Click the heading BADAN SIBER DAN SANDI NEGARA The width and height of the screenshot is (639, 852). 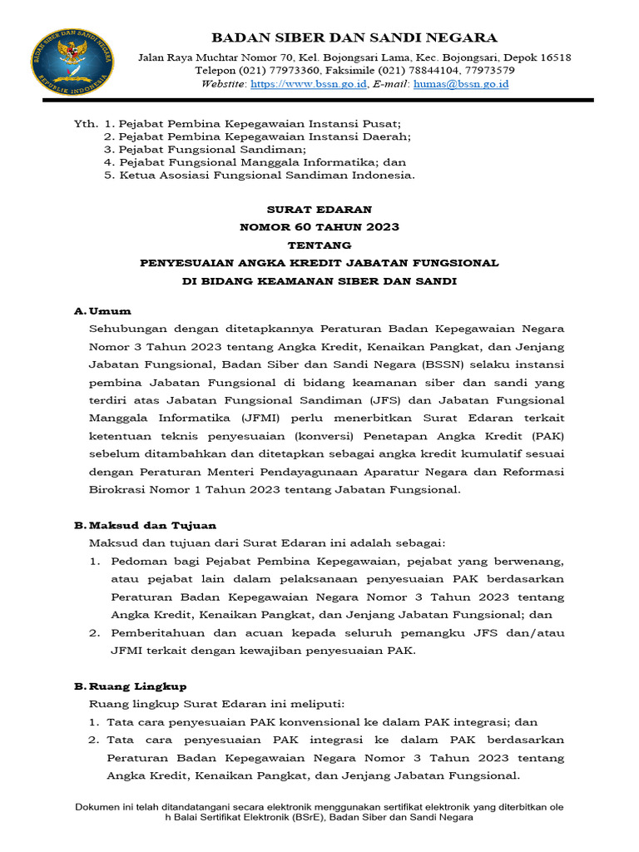pyautogui.click(x=354, y=37)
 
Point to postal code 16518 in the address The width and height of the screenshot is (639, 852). pyautogui.click(x=553, y=57)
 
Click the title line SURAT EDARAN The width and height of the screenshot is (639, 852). pyautogui.click(x=319, y=210)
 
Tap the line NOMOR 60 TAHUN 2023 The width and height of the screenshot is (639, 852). pyautogui.click(x=319, y=227)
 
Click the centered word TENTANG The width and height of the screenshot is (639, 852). pyautogui.click(x=319, y=245)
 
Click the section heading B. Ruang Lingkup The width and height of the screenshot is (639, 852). pyautogui.click(x=130, y=686)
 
